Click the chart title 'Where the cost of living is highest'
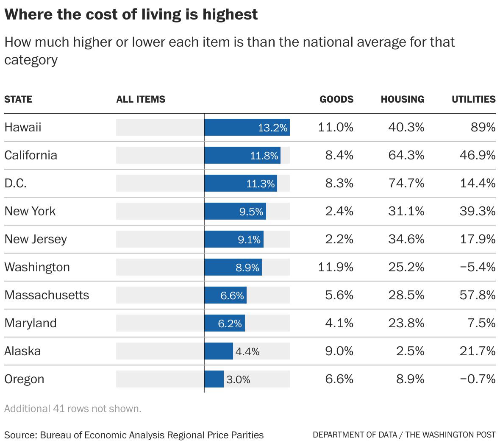pos(131,14)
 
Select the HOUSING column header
pos(402,99)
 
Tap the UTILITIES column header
pos(473,99)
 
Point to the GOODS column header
pos(336,99)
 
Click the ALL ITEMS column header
pos(141,99)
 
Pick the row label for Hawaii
pos(23,127)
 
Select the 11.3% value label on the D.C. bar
pos(261,184)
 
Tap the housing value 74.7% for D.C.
pos(406,183)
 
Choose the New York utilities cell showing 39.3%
pos(477,211)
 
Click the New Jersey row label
pos(36,239)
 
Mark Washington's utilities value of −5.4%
pos(477,267)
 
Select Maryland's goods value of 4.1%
pos(339,323)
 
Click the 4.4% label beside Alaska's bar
pos(247,351)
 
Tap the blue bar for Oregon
pos(214,379)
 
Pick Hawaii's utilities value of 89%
pos(483,127)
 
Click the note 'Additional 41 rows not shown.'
pos(73,409)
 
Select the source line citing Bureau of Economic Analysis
pos(134,435)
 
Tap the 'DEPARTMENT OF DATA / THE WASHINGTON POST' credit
pos(404,435)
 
